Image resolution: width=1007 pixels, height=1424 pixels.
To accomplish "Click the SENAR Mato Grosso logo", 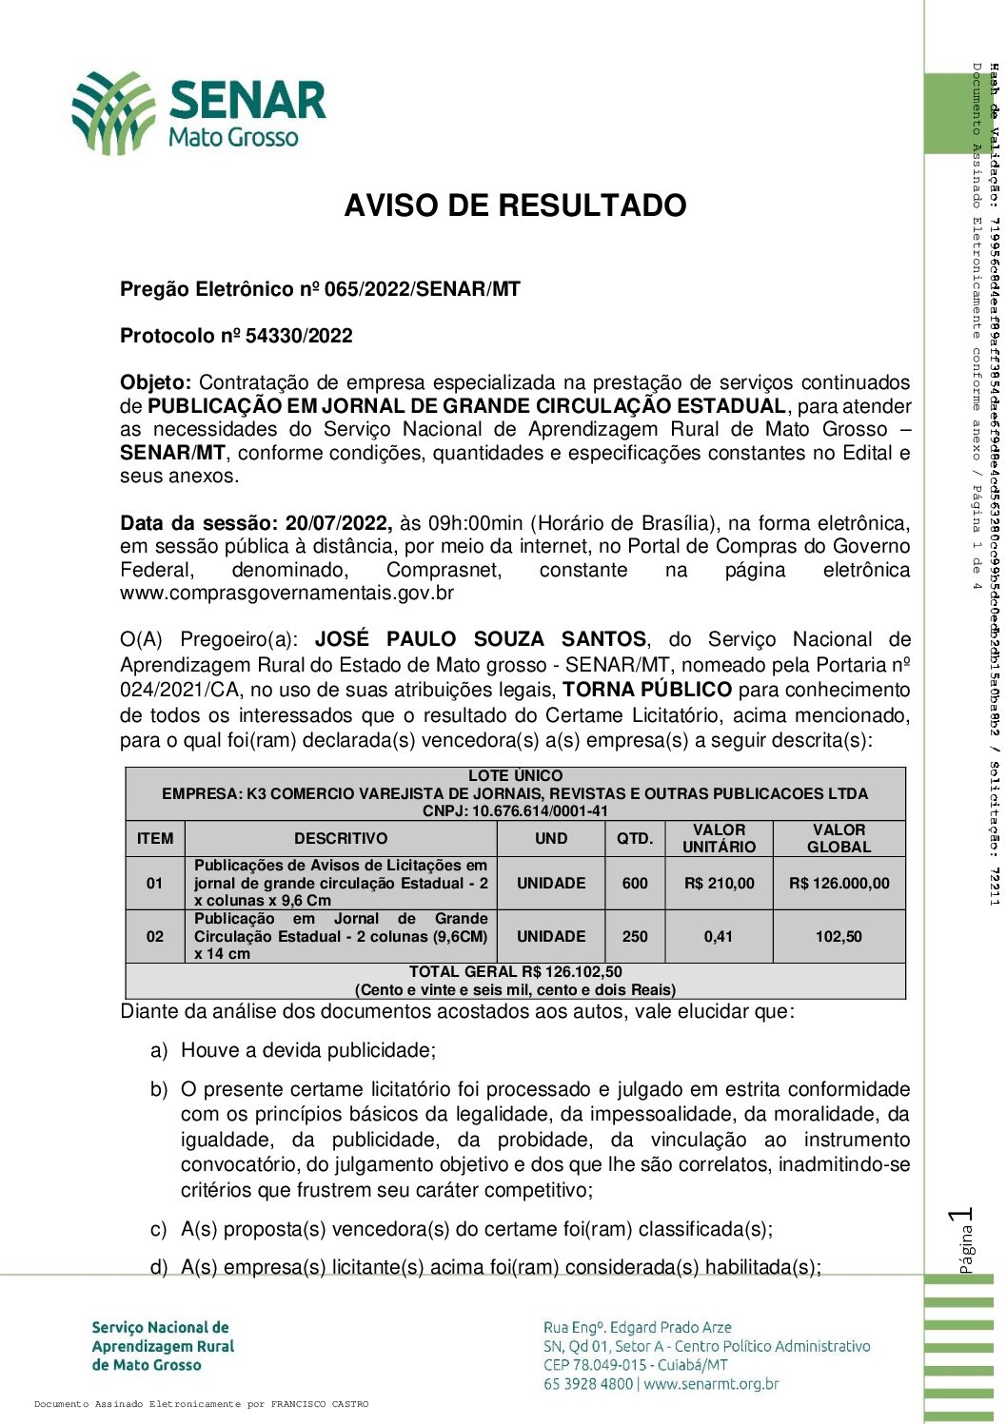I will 199,113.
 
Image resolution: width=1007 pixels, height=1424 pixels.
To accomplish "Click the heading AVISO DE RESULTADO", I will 515,205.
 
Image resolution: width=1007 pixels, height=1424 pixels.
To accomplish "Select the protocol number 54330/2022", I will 299,336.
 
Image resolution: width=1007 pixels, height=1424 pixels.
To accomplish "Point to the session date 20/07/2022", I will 338,523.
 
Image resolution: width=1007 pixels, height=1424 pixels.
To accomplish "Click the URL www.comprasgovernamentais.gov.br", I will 286,594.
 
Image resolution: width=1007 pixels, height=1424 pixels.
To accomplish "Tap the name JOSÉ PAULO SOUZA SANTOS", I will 481,640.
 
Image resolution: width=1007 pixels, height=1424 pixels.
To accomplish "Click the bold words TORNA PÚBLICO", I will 647,690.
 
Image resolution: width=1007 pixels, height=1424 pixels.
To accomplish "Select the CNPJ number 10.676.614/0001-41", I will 541,811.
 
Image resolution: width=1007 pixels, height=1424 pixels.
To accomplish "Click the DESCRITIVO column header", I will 341,838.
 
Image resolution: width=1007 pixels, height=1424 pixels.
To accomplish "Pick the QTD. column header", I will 635,838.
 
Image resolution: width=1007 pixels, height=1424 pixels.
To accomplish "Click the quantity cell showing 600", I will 635,883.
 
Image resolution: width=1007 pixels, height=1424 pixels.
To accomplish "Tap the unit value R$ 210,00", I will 719,883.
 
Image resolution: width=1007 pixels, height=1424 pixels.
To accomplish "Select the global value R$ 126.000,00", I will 839,883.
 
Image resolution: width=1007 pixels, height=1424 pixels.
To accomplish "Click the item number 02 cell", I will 155,936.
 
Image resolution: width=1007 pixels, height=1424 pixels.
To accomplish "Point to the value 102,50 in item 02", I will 839,936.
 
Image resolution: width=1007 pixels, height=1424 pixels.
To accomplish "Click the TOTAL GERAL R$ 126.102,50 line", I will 515,971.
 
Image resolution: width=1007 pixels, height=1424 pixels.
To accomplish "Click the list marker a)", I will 159,1050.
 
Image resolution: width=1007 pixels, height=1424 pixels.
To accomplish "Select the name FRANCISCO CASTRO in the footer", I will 319,1404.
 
